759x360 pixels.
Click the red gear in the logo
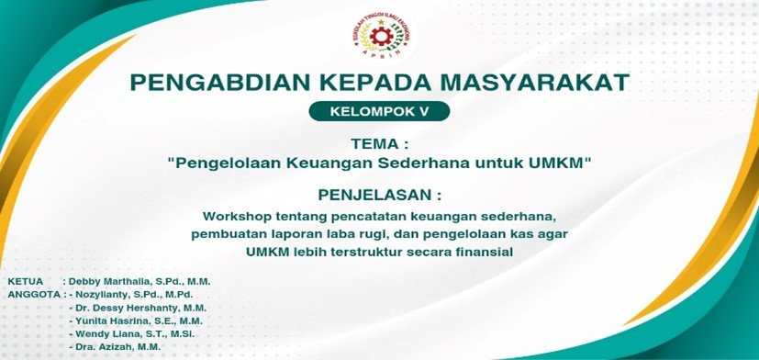(x=380, y=37)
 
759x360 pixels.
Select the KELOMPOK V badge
(x=380, y=111)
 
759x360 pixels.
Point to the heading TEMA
(x=375, y=144)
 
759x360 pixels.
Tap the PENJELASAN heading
(x=380, y=196)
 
